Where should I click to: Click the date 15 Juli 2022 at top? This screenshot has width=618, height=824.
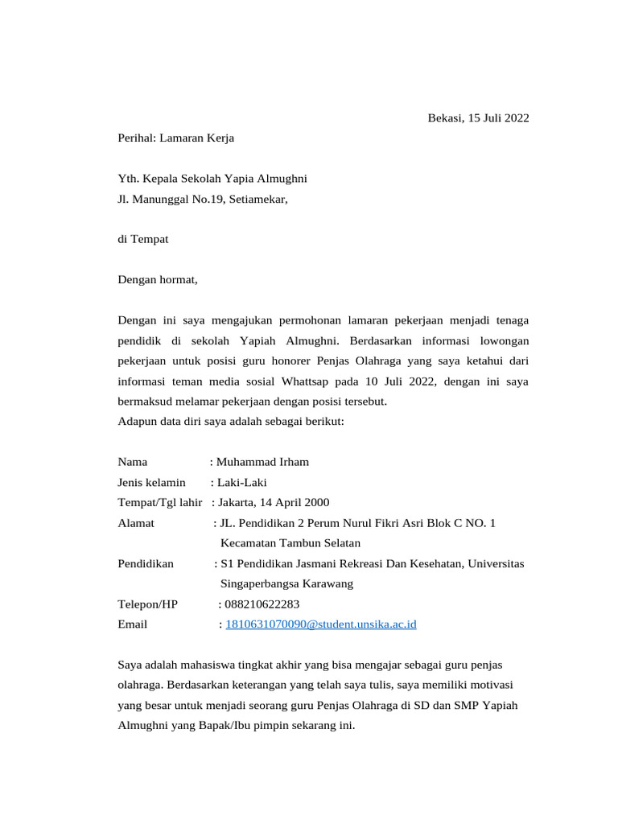[x=495, y=118]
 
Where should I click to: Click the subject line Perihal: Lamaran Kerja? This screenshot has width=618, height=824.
[x=175, y=138]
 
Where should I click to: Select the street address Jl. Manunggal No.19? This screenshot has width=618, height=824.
[x=170, y=199]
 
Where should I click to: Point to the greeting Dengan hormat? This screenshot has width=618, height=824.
[x=157, y=280]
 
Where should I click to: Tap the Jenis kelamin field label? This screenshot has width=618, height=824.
[x=151, y=483]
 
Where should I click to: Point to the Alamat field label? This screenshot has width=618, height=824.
[x=136, y=523]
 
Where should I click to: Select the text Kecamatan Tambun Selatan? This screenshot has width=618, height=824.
[x=290, y=543]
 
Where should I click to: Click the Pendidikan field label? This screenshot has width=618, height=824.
[x=146, y=564]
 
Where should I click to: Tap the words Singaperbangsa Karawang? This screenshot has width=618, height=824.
[x=286, y=584]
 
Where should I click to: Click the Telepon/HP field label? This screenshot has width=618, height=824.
[x=147, y=604]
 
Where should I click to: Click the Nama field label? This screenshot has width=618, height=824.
[x=132, y=462]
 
